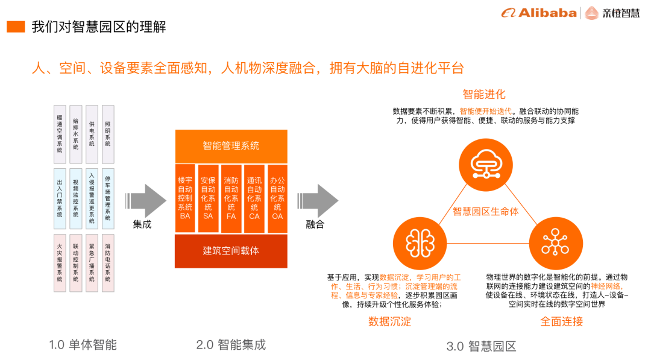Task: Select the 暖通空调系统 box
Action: [59, 134]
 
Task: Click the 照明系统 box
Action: [108, 134]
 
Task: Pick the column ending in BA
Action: [185, 198]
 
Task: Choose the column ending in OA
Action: [277, 198]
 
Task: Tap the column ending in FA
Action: [231, 198]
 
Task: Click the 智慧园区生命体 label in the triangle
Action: [486, 212]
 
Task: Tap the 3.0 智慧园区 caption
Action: [482, 347]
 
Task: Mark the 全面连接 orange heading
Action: [561, 321]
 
